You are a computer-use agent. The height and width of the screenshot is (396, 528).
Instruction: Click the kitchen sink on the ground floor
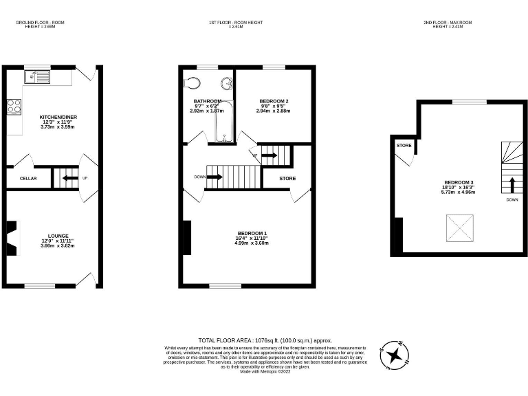[x=35, y=77]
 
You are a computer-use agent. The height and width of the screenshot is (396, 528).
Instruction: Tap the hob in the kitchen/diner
[x=14, y=107]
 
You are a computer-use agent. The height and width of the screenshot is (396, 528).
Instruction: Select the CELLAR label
[x=28, y=179]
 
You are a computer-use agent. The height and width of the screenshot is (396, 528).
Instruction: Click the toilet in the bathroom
[x=194, y=84]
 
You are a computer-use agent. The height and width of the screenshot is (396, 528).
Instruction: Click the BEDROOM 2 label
[x=274, y=101]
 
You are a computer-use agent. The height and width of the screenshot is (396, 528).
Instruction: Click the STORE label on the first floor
[x=288, y=179]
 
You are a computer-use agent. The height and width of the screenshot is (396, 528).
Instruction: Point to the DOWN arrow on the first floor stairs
[x=214, y=177]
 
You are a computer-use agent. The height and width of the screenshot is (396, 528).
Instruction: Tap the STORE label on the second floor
[x=404, y=146]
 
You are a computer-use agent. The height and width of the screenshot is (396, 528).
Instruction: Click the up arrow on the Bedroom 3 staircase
[x=511, y=184]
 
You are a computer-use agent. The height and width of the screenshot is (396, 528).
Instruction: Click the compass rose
[x=394, y=354]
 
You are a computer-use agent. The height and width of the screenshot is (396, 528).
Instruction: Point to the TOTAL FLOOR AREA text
[x=265, y=340]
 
